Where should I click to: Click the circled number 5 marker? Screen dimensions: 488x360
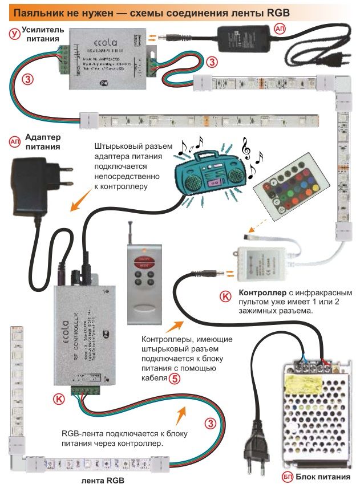click(175, 377)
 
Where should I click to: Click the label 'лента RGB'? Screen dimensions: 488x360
click(103, 479)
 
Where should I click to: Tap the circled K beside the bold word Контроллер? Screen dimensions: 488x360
click(225, 296)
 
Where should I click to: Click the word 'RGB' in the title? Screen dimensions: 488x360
click(280, 11)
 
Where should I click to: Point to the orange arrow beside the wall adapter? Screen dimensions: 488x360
click(80, 202)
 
